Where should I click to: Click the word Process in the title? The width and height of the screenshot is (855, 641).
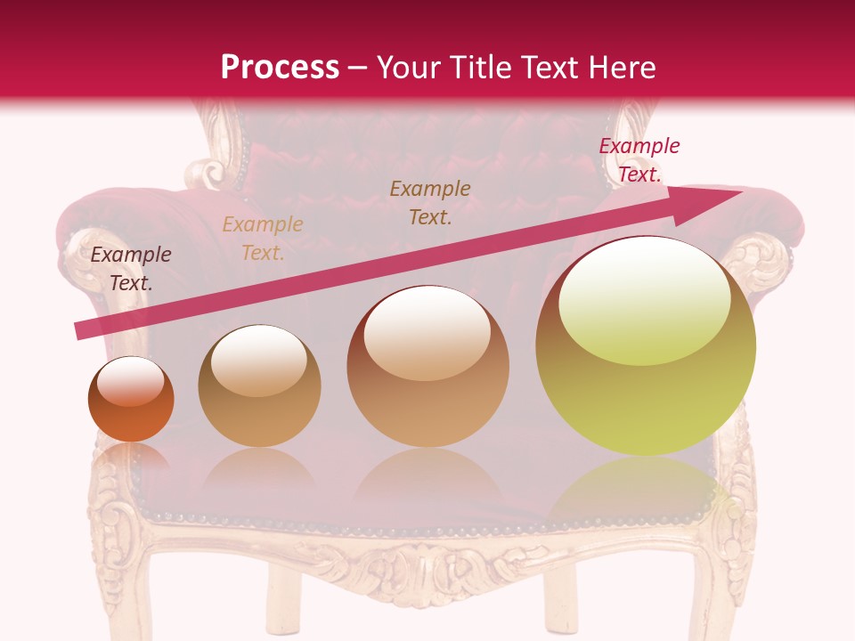[x=280, y=68]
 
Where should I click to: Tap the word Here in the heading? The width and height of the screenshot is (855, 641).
[x=621, y=68]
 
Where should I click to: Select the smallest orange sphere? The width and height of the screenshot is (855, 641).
[x=131, y=400]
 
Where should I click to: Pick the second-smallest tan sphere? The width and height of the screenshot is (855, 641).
[x=259, y=385]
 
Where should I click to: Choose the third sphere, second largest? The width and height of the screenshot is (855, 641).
[x=428, y=366]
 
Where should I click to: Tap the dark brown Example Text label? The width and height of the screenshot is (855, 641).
[x=131, y=269]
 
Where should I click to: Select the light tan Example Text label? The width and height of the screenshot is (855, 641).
[x=262, y=239]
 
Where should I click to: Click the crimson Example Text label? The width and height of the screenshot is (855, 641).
[x=639, y=160]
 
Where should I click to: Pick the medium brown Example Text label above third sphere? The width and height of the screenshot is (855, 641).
[x=430, y=202]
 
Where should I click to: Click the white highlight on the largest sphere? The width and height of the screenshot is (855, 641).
[x=644, y=298]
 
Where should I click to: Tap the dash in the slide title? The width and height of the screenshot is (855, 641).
[x=358, y=68]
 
